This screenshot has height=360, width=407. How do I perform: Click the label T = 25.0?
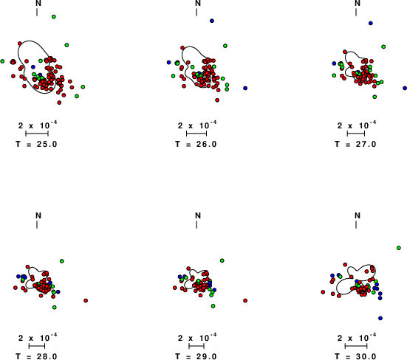coord(36,144)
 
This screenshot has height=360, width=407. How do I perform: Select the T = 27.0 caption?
coord(355,144)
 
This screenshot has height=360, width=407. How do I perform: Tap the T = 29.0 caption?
coord(196,356)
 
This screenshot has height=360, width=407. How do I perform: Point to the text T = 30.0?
coord(355,356)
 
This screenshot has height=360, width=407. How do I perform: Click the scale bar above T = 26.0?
coord(196,134)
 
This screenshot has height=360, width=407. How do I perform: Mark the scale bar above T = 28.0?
coord(37,346)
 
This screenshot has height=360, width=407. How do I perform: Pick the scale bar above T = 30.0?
coord(356,346)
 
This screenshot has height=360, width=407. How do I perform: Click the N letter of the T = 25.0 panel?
coord(38,3)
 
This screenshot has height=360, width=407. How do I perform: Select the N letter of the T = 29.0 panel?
coord(198,215)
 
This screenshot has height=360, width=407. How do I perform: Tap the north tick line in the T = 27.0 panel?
coord(356,13)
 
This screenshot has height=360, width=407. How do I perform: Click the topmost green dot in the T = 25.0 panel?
coord(54,17)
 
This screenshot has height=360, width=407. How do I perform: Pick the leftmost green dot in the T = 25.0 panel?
coord(2,61)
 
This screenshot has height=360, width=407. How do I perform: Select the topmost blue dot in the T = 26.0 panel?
coord(212,21)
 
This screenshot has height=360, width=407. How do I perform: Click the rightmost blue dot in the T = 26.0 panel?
coord(245,88)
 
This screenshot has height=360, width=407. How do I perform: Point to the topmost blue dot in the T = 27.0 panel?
coord(371,24)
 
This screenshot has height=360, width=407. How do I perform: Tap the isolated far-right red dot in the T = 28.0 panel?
coord(86,301)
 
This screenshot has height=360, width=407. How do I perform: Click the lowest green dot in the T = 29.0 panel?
coord(213,306)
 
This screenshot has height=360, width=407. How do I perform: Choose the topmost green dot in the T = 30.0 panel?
coord(399,248)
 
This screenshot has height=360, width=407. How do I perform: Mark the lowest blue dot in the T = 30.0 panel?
coord(380,318)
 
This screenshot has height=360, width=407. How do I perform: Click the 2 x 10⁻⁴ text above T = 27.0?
coord(356,125)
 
